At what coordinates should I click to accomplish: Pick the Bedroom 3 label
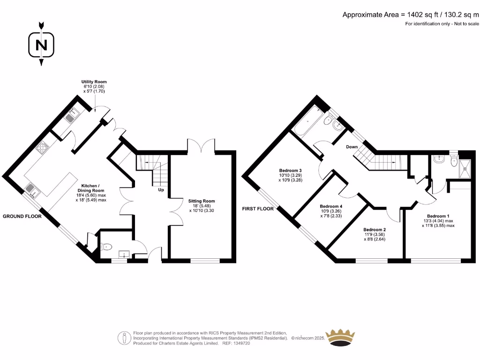(x=290, y=170)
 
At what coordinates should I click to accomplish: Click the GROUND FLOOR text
(x=22, y=217)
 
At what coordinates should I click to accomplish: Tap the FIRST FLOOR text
(x=258, y=209)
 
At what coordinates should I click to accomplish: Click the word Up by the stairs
(x=160, y=191)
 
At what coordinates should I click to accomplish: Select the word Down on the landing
(x=352, y=147)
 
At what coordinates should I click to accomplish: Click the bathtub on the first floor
(x=307, y=122)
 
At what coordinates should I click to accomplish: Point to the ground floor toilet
(x=106, y=246)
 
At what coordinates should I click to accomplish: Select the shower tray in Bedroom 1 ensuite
(x=467, y=167)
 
